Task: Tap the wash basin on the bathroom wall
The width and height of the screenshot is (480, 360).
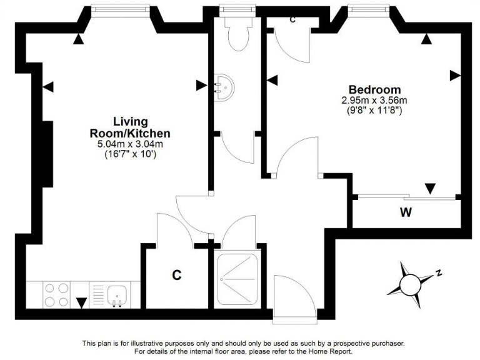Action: point(223,87)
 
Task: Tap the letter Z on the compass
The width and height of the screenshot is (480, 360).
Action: point(439,272)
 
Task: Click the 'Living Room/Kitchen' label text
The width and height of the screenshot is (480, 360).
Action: point(130,127)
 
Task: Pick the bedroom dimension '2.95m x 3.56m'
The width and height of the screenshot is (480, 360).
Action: point(374,100)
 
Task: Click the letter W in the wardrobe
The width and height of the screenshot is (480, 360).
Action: point(406,212)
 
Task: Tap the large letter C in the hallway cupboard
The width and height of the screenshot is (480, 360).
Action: point(177,274)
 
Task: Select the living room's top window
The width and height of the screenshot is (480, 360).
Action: point(120,8)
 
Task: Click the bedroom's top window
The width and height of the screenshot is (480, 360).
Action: point(369,8)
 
